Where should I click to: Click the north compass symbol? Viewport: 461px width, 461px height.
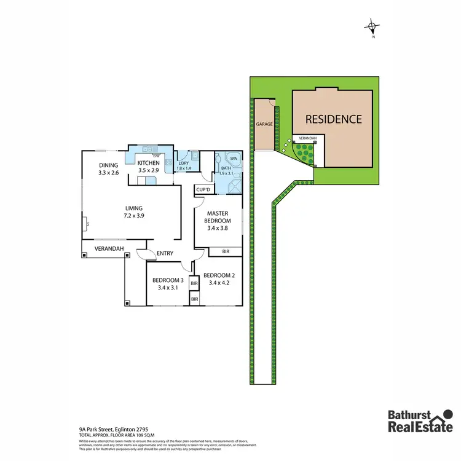(x=372, y=27)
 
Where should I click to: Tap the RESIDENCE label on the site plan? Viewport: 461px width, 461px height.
(x=334, y=119)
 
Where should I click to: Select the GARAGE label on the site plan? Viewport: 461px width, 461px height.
(x=264, y=124)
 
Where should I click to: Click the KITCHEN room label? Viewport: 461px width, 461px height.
(x=148, y=163)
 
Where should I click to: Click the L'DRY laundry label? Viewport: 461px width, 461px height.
(x=184, y=163)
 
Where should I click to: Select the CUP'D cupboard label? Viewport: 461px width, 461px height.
(x=203, y=190)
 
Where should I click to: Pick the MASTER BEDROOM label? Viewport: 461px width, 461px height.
(x=218, y=217)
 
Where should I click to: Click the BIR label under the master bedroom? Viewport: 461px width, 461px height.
(x=225, y=251)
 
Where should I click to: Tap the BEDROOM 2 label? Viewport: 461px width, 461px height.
(x=218, y=275)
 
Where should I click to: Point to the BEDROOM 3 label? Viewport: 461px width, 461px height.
(x=167, y=280)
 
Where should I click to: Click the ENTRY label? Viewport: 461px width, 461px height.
(x=165, y=253)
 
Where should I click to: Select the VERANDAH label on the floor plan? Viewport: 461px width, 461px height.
(x=109, y=249)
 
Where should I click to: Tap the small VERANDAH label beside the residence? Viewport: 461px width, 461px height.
(x=303, y=139)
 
